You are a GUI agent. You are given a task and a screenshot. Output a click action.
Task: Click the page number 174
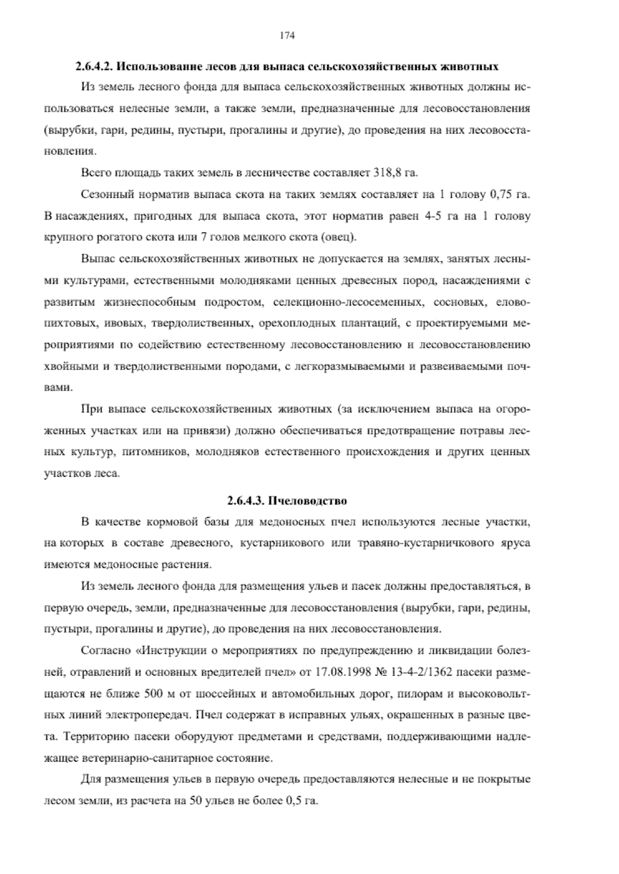coord(287,36)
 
